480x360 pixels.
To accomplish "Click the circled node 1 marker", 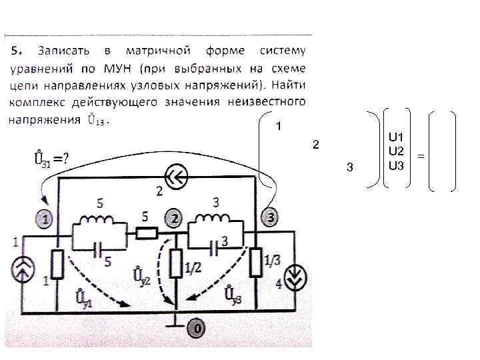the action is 45,218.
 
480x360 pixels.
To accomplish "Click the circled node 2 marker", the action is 175,218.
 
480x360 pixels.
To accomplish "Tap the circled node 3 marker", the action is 270,217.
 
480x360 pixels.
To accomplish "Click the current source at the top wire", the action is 178,177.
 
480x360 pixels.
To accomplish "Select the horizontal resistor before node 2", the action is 147,233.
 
